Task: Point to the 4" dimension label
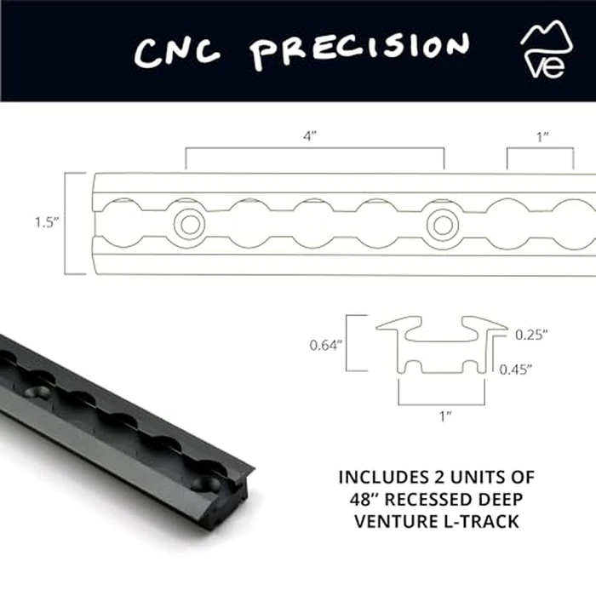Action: [x=314, y=136]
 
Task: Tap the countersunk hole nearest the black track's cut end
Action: [x=207, y=483]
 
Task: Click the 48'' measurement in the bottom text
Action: [x=364, y=499]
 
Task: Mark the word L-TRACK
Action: [x=483, y=521]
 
